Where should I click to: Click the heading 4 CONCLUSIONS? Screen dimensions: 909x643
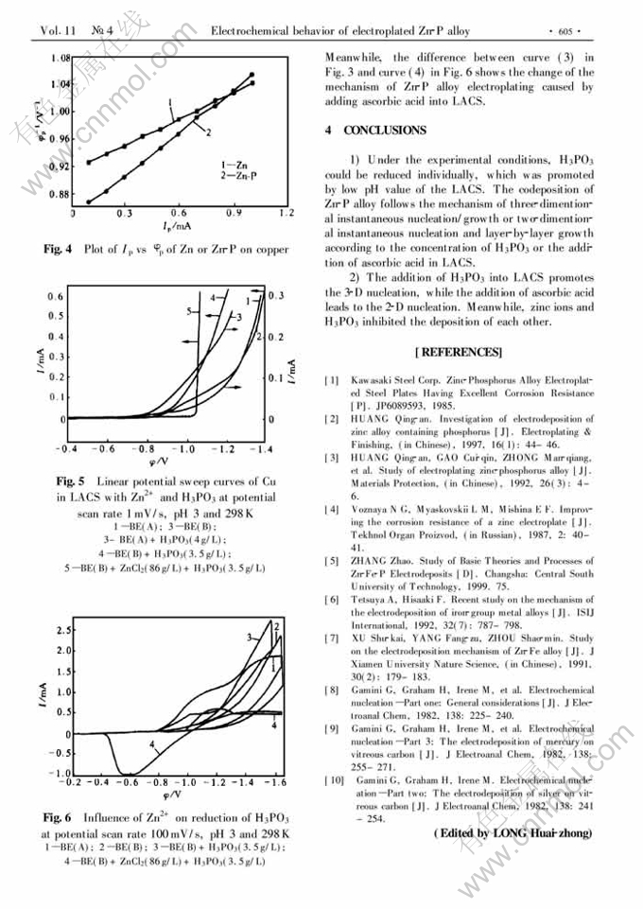pyautogui.click(x=374, y=131)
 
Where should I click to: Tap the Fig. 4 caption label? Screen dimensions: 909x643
pyautogui.click(x=59, y=250)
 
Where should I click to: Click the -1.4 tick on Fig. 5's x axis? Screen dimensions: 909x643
pyautogui.click(x=252, y=449)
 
